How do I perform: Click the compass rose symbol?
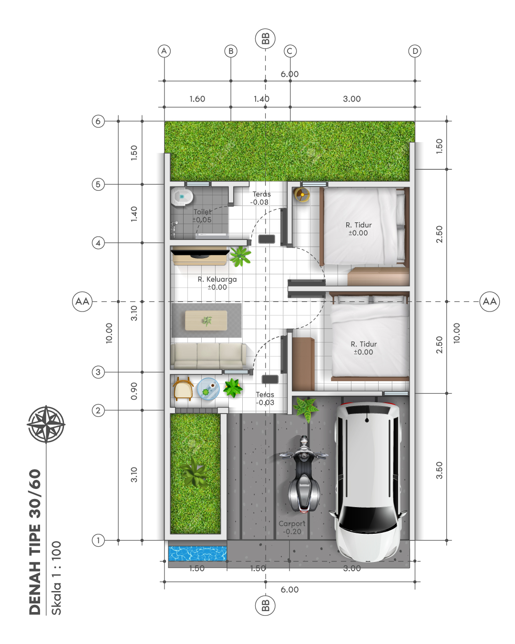pos(46,424)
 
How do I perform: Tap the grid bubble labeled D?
pos(415,51)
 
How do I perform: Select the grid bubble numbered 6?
pos(98,121)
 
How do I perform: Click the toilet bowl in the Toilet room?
pos(181,197)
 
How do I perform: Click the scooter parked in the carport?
pos(304,474)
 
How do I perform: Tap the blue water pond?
pos(197,554)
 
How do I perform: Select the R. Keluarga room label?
pos(217,283)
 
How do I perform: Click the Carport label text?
pos(292,527)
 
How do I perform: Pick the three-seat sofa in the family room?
pos(208,356)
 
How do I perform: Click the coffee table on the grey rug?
pos(206,321)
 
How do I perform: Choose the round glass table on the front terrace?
pos(208,389)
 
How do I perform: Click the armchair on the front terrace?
pos(183,389)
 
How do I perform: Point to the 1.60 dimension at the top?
pos(197,99)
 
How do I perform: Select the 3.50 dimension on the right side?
pos(439,470)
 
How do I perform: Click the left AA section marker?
pos(82,301)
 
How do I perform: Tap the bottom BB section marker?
pos(265,605)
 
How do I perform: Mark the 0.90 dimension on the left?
pos(134,391)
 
